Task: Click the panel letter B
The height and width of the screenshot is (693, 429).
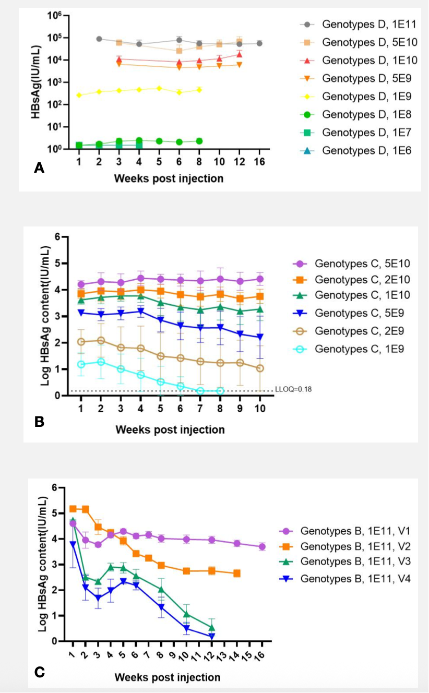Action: [39, 421]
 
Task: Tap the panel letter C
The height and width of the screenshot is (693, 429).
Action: [39, 672]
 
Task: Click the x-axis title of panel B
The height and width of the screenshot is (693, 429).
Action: [170, 429]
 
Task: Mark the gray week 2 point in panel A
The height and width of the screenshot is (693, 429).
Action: [99, 39]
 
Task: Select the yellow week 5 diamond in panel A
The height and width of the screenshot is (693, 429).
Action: [159, 88]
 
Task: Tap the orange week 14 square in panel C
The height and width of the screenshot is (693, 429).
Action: [237, 573]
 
